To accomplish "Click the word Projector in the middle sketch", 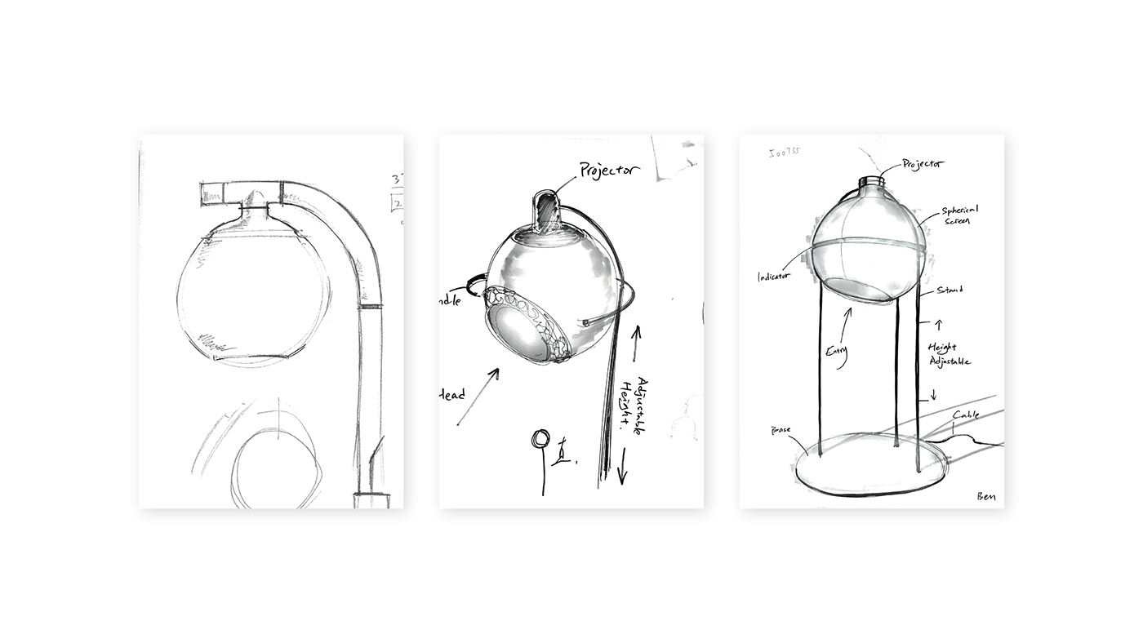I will [609, 171].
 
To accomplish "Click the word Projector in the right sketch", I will [923, 164].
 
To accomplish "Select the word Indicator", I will [773, 277].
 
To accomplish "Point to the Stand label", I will [950, 290].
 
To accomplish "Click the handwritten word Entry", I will [837, 352].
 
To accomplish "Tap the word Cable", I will [966, 415].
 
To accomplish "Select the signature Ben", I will [985, 496].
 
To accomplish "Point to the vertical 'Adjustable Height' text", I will [645, 406].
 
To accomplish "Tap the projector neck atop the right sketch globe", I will [871, 183].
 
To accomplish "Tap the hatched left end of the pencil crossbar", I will [212, 194].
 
